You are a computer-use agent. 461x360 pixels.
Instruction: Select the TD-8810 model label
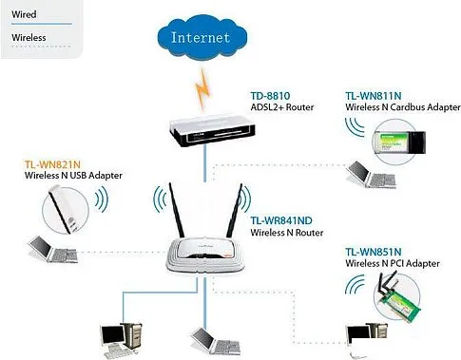(270, 94)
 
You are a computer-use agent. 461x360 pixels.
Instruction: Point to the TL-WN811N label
(373, 96)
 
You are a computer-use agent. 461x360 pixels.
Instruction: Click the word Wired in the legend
(24, 14)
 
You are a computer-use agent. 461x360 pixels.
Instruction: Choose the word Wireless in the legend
(29, 38)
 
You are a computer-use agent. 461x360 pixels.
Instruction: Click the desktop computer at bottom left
(122, 337)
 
